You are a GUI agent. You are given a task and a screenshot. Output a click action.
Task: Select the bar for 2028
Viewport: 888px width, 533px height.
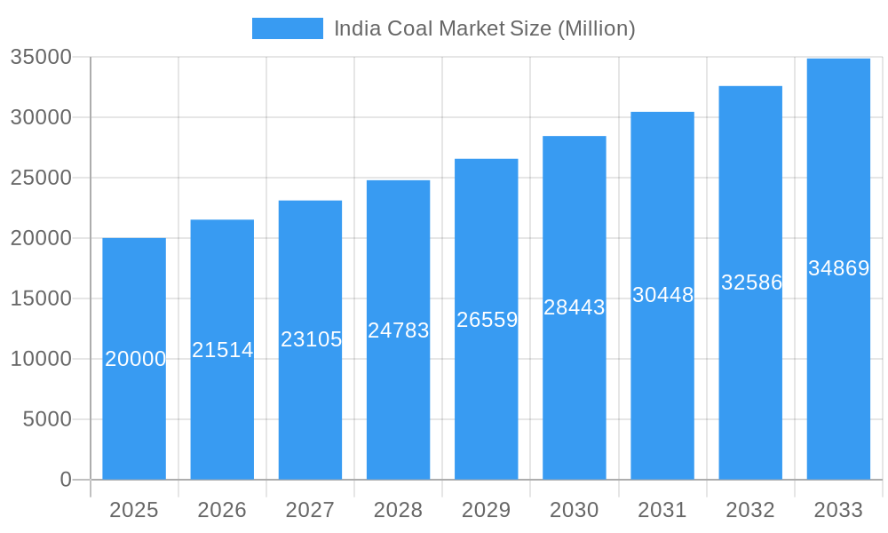[398, 409]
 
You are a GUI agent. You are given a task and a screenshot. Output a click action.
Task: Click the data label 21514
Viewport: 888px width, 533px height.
[223, 350]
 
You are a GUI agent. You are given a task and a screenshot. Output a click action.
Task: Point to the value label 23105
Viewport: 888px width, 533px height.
[311, 339]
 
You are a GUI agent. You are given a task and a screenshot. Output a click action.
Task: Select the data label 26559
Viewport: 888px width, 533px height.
[487, 320]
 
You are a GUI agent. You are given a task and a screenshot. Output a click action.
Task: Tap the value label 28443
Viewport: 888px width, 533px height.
[574, 307]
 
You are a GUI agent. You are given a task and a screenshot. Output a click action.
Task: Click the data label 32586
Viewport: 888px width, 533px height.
[751, 282]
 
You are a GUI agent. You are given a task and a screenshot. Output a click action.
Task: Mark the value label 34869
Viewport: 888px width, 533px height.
[838, 268]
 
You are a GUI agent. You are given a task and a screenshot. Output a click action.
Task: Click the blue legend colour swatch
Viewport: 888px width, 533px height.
[287, 28]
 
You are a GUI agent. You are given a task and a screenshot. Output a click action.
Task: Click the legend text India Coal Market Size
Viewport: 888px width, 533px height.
[484, 28]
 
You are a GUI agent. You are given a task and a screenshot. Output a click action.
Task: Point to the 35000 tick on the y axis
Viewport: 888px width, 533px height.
[41, 57]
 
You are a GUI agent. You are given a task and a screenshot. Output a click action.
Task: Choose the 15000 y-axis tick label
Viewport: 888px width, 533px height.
[41, 298]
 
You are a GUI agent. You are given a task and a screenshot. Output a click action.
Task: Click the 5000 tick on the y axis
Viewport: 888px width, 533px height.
[47, 419]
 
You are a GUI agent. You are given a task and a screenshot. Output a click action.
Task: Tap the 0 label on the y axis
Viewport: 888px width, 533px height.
[66, 480]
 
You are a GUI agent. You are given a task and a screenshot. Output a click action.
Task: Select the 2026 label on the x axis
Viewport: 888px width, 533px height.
[222, 510]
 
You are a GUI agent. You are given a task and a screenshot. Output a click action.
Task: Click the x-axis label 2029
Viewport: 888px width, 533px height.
[487, 510]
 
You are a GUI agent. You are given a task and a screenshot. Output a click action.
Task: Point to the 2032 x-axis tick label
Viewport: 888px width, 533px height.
[750, 510]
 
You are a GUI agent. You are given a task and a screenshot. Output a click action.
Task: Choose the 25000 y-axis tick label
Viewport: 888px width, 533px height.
[41, 178]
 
